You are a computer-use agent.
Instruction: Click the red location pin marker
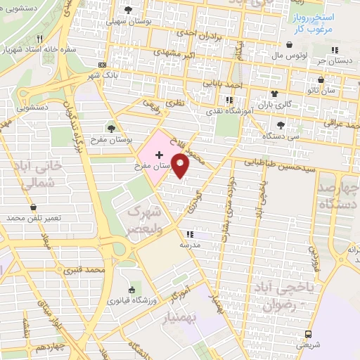[181, 166]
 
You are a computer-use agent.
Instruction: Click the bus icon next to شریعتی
[308, 334]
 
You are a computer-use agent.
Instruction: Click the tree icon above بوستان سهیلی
[128, 10]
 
